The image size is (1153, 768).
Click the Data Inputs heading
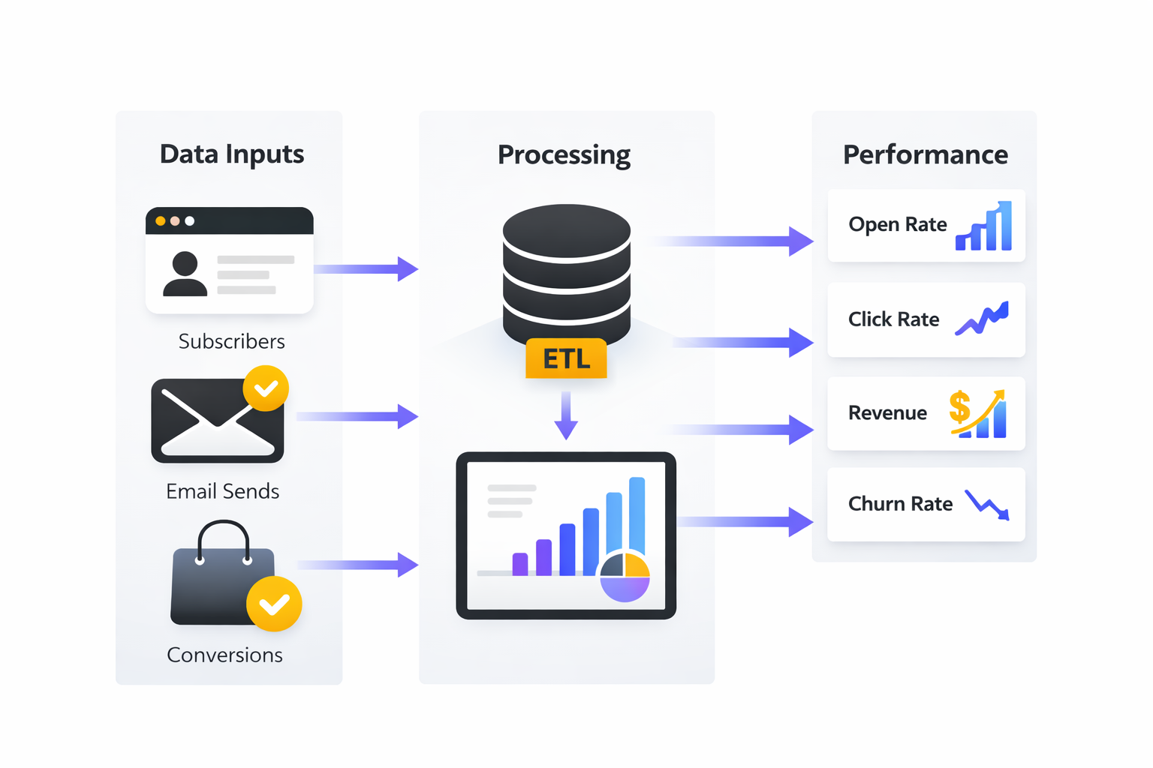tap(231, 154)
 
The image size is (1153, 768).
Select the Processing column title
tap(564, 154)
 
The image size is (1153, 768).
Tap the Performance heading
tap(925, 154)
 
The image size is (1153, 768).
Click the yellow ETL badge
tap(566, 358)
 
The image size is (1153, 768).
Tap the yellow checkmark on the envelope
tap(266, 388)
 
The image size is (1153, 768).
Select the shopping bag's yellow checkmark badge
tap(274, 604)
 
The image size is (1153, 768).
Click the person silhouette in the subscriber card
tap(185, 274)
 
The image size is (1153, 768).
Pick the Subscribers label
tap(231, 341)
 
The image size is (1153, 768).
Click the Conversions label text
tap(224, 655)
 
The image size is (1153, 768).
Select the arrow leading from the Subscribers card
tap(366, 268)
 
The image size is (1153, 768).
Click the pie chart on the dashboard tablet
tap(625, 577)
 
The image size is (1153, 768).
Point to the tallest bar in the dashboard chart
tap(637, 517)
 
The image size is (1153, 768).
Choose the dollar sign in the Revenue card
tap(959, 407)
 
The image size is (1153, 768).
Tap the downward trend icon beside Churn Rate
tap(987, 505)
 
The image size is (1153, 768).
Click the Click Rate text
tap(893, 319)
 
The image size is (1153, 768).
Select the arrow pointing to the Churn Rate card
tap(743, 522)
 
